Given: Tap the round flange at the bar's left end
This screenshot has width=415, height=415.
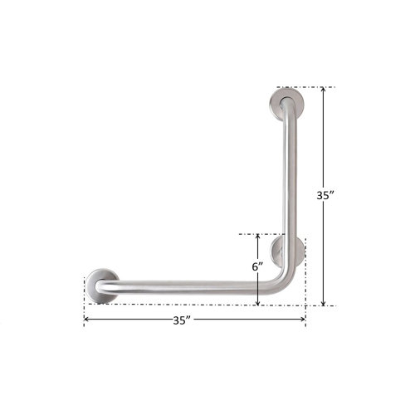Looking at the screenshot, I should coord(103,282).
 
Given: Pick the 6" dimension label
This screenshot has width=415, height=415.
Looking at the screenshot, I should coord(258,266).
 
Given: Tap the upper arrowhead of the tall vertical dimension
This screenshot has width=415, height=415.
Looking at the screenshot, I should coord(324,91).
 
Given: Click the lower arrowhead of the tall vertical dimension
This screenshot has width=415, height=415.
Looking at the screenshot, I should coord(324,301).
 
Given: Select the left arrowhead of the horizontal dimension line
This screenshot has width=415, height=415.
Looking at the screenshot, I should coord(88,320).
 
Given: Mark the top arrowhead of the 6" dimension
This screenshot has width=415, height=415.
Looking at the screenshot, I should coord(258,238).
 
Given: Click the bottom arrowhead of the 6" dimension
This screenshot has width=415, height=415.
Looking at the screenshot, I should coord(258,301).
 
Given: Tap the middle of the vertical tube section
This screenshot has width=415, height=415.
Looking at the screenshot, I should coord(289,183).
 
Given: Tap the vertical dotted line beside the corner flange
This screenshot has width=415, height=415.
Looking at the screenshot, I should coord(305,274).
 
